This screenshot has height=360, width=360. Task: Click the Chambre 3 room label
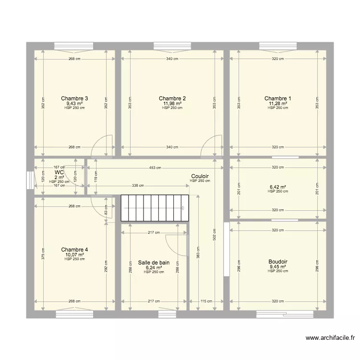(74, 98)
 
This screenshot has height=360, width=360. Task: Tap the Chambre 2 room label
(172, 98)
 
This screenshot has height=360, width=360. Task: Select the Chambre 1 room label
(278, 98)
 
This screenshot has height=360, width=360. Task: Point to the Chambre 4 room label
(74, 250)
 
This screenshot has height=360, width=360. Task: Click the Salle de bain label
(154, 263)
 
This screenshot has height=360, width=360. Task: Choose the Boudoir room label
(278, 262)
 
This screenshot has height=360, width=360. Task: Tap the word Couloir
(200, 176)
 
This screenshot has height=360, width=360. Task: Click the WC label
(60, 172)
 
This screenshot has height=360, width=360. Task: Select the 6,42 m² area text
(278, 187)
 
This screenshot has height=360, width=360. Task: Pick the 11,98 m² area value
(172, 103)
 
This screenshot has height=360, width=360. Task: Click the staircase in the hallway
(154, 208)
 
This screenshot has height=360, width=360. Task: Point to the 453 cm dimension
(155, 168)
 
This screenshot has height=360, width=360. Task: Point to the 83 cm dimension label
(106, 210)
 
